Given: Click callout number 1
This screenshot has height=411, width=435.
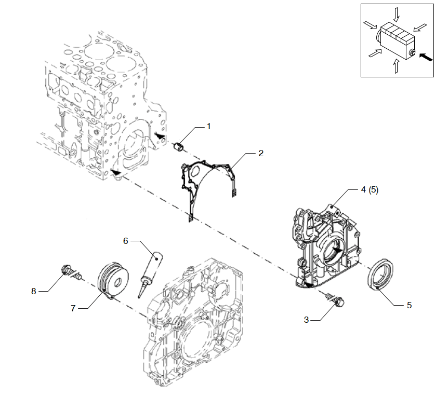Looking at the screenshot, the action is pyautogui.click(x=209, y=127).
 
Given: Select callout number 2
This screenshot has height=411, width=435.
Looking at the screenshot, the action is pyautogui.click(x=261, y=153).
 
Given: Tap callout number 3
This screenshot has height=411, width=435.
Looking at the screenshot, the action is pyautogui.click(x=306, y=320).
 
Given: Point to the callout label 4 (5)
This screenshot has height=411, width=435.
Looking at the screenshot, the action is pyautogui.click(x=370, y=190).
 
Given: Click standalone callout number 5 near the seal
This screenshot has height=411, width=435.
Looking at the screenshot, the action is pyautogui.click(x=409, y=305).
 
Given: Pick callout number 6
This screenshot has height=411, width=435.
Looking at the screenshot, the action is pyautogui.click(x=126, y=241).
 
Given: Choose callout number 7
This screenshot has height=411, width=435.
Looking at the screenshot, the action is pyautogui.click(x=73, y=308).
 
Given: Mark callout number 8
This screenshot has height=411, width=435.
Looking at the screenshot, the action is pyautogui.click(x=34, y=291).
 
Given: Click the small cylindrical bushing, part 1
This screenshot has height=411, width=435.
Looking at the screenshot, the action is pyautogui.click(x=178, y=146).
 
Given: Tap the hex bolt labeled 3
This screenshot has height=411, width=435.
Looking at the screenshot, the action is pyautogui.click(x=335, y=298).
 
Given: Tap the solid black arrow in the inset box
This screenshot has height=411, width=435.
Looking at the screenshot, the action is pyautogui.click(x=426, y=57).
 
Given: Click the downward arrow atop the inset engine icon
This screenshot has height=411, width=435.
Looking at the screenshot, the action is pyautogui.click(x=397, y=15).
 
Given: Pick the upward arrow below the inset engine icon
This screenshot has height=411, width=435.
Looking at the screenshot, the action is pyautogui.click(x=397, y=66).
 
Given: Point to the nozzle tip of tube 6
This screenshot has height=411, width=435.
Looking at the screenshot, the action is pyautogui.click(x=139, y=297).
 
